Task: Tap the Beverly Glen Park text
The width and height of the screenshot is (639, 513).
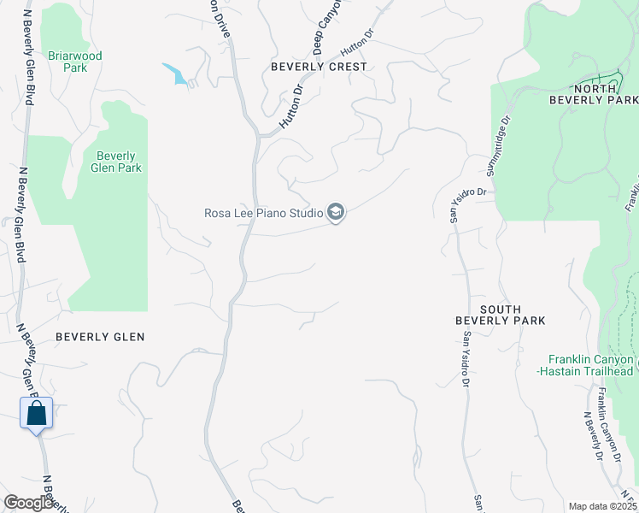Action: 116,162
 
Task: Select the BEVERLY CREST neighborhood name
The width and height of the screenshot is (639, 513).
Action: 319,67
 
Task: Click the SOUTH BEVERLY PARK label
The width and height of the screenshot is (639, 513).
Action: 500,315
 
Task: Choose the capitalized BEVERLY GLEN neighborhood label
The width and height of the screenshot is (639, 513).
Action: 100,337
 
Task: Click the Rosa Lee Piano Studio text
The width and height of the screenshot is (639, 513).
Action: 263,213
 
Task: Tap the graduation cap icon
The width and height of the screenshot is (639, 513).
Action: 336,212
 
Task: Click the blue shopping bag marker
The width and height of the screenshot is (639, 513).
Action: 37,415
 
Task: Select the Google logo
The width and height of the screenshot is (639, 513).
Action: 28,503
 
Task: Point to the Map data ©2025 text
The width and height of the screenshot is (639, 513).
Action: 601,506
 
